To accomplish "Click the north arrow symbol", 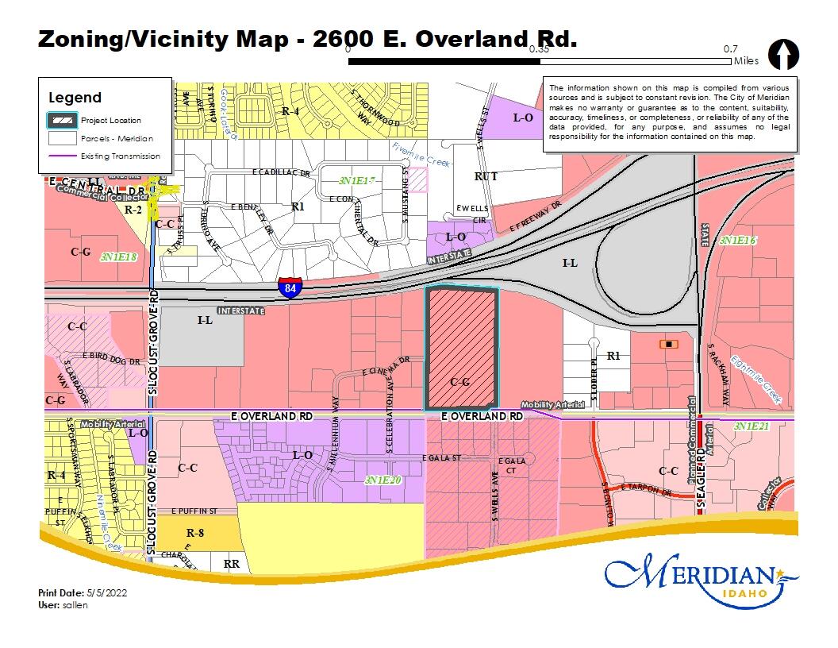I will (x=783, y=56).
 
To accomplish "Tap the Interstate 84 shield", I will (x=290, y=287).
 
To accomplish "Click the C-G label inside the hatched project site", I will (x=460, y=382).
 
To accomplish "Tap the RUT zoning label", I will (x=486, y=176).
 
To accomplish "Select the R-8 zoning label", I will (x=195, y=533).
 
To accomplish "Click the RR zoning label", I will (x=232, y=564).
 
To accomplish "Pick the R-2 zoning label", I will (x=133, y=210).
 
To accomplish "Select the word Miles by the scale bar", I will (x=746, y=61).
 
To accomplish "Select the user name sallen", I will (x=76, y=605).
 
